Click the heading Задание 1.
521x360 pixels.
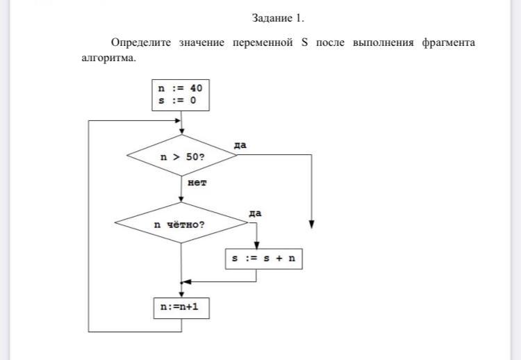[278, 18]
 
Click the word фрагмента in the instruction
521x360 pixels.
[447, 43]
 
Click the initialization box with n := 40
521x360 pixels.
[181, 95]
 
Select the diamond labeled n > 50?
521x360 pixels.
[181, 156]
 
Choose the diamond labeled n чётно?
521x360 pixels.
[181, 224]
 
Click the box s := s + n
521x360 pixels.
[264, 259]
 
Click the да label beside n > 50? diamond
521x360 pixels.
[240, 145]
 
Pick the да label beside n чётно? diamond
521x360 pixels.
[255, 213]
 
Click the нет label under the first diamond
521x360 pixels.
[197, 183]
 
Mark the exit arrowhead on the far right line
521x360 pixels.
[312, 225]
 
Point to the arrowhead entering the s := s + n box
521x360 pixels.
[257, 245]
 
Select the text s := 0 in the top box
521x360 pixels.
[177, 101]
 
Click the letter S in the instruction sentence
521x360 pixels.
[304, 43]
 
